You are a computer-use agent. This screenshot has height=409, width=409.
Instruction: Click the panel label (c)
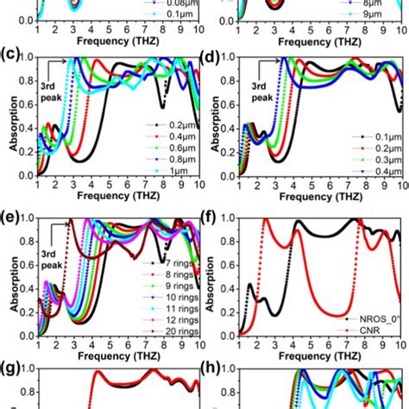(x=10, y=58)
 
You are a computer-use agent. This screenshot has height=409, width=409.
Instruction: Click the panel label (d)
(x=212, y=58)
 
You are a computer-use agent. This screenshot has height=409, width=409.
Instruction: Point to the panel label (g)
(x=10, y=371)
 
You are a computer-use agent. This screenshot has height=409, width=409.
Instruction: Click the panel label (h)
(x=212, y=371)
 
